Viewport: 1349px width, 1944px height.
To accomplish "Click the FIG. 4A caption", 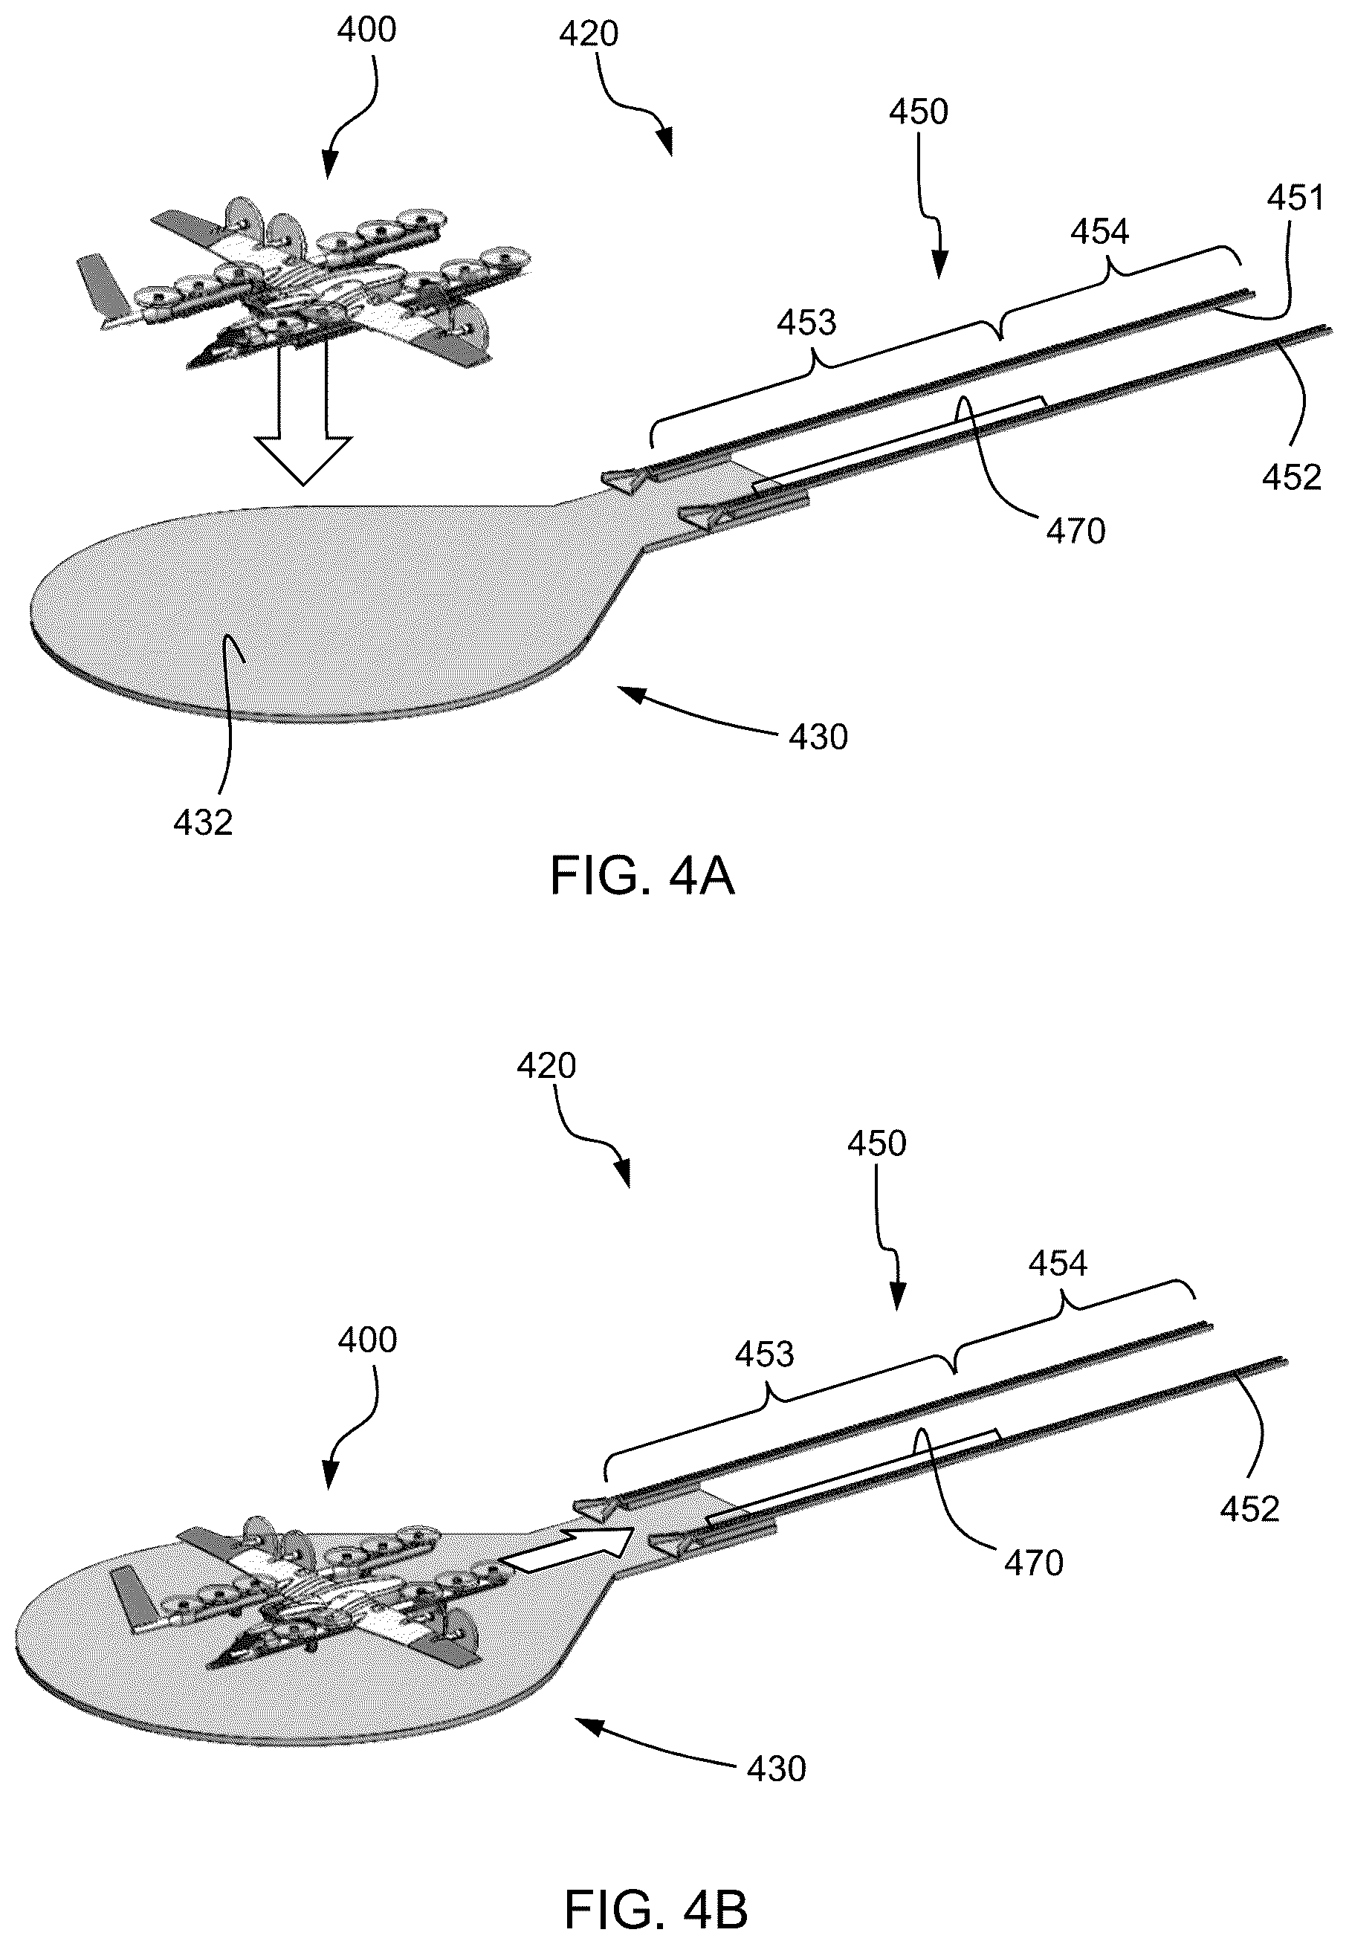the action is [x=641, y=876].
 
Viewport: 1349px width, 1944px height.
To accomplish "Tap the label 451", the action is [x=1295, y=198].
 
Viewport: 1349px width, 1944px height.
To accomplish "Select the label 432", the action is [x=203, y=821].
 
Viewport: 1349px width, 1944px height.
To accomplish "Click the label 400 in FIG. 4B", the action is [x=367, y=1340].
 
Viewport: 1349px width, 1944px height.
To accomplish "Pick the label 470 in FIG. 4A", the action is [x=1076, y=531].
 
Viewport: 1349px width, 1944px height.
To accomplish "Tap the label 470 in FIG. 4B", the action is [x=1034, y=1563].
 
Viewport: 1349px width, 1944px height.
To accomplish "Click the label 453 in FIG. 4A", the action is [x=807, y=322].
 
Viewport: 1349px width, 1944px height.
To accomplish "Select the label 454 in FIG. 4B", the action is [x=1058, y=1264].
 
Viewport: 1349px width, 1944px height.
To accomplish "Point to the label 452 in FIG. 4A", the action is [x=1292, y=477].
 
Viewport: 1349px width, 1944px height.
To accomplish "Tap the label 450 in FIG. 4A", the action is [x=919, y=112].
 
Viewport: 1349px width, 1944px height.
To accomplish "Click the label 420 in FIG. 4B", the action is [x=546, y=1066].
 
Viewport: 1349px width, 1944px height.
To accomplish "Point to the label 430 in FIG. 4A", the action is [x=818, y=737].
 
